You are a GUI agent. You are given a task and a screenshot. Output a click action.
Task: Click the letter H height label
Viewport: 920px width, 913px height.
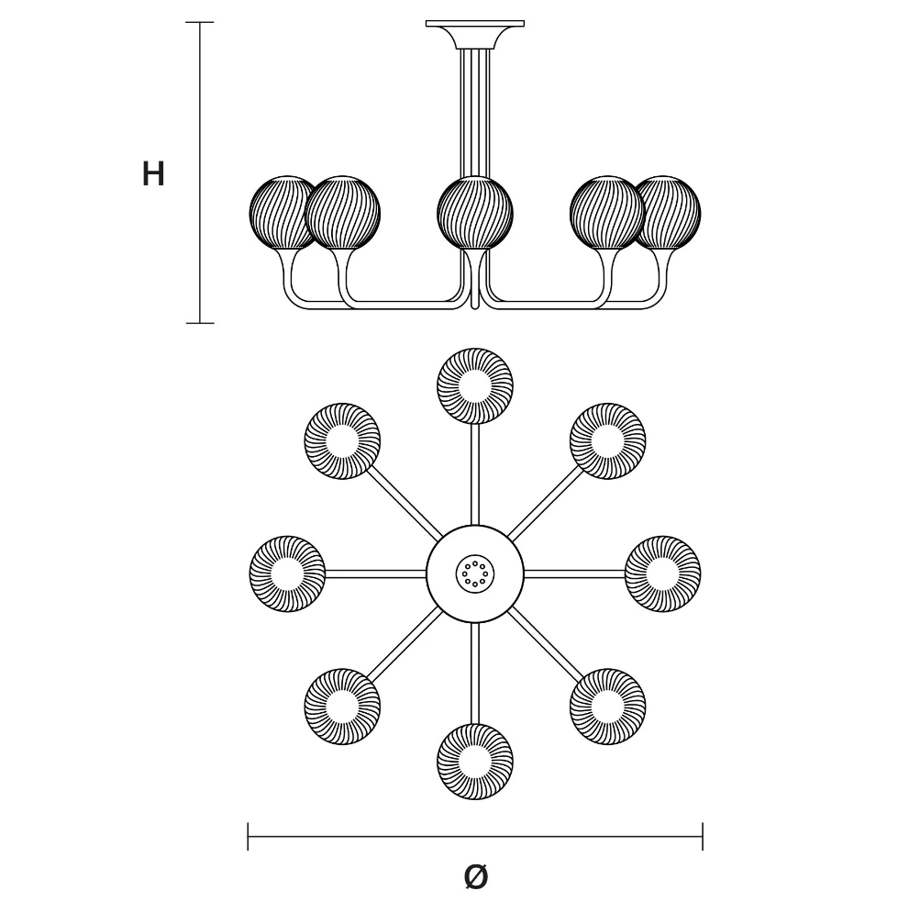(153, 174)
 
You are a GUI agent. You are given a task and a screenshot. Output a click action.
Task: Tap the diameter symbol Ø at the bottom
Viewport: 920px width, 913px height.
(475, 877)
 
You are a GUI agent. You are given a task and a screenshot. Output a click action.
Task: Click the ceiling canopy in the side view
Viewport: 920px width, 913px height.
(474, 35)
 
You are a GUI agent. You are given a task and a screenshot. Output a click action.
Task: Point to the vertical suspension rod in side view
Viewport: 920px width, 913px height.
(474, 113)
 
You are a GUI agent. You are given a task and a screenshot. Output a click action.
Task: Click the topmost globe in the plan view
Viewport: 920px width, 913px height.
(474, 385)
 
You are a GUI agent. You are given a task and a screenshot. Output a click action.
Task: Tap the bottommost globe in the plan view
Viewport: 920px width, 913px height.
(474, 762)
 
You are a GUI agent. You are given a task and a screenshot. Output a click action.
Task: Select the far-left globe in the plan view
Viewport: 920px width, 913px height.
(287, 573)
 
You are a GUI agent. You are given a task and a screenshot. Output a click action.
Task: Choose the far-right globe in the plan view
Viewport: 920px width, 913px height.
(662, 573)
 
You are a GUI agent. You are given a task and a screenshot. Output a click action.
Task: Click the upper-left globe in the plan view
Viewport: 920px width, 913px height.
(342, 441)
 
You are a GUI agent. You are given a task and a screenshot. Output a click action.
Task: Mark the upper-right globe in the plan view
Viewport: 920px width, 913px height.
(607, 441)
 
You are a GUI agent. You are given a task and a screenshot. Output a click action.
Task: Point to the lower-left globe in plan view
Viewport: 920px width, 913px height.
(342, 707)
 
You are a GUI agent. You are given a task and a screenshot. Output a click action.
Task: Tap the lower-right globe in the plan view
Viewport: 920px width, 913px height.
(607, 707)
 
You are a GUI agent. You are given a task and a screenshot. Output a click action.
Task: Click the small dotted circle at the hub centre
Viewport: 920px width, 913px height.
(474, 573)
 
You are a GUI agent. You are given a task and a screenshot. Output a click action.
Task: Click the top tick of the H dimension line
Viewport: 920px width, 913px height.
(199, 22)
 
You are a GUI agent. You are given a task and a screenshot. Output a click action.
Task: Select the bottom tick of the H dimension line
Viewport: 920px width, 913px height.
(199, 323)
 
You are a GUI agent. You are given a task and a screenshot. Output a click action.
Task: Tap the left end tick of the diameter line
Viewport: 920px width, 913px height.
(248, 836)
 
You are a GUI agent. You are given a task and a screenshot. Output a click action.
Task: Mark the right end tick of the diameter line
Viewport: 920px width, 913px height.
(703, 836)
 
